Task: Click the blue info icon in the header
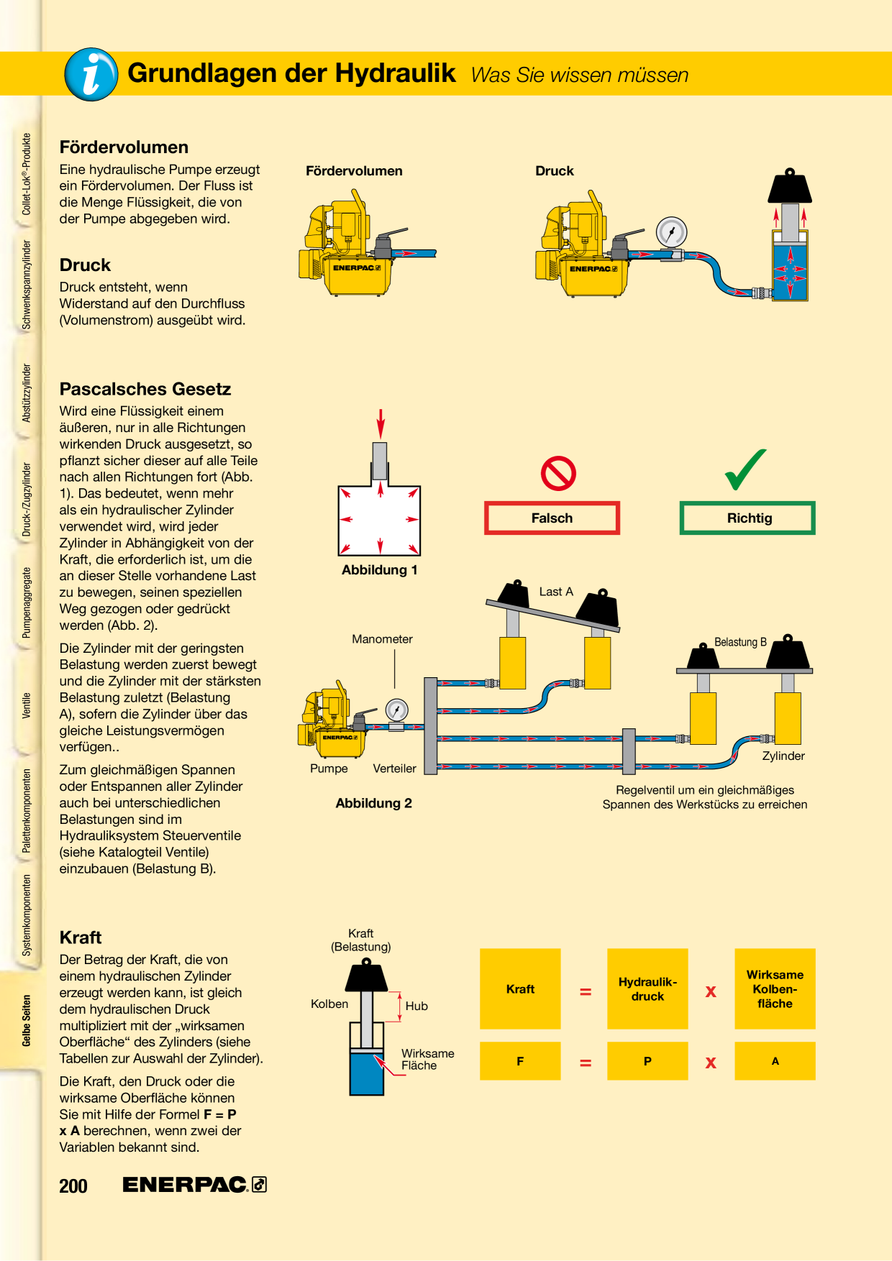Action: pyautogui.click(x=91, y=74)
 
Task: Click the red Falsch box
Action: pyautogui.click(x=552, y=518)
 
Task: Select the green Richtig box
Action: pyautogui.click(x=747, y=518)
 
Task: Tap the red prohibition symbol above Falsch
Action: pyautogui.click(x=558, y=473)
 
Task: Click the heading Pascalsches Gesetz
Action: pyautogui.click(x=145, y=389)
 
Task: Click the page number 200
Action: pyautogui.click(x=73, y=1186)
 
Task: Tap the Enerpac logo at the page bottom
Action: pyautogui.click(x=194, y=1184)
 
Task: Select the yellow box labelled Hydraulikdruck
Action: pyautogui.click(x=647, y=989)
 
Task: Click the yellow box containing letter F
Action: pyautogui.click(x=520, y=1060)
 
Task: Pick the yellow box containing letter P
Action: pyautogui.click(x=647, y=1060)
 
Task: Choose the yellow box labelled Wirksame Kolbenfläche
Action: pyautogui.click(x=775, y=989)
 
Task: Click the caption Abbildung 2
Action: pyautogui.click(x=373, y=803)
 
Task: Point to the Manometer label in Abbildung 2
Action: pyautogui.click(x=382, y=639)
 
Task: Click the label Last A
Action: pyautogui.click(x=556, y=592)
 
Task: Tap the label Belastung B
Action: pyautogui.click(x=740, y=642)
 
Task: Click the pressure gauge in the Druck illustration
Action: pyautogui.click(x=671, y=233)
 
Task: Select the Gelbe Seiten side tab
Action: pyautogui.click(x=27, y=1020)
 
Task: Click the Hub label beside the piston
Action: pyautogui.click(x=417, y=1006)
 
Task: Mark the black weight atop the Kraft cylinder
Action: pyautogui.click(x=367, y=976)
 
